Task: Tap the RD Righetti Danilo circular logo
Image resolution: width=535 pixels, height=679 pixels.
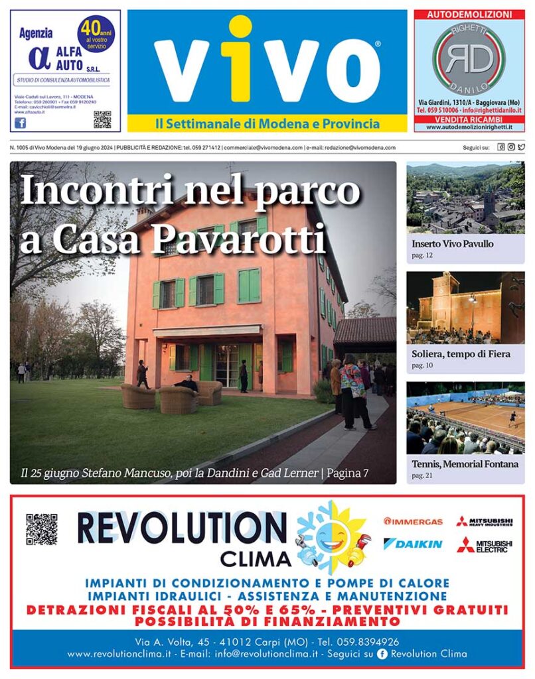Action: [469, 59]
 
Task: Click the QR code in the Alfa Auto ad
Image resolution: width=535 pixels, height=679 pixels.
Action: [102, 119]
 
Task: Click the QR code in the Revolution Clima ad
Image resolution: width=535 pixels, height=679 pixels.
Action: [41, 529]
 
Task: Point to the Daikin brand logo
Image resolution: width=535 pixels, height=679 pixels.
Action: [413, 544]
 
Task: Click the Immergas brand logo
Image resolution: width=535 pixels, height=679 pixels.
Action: [413, 521]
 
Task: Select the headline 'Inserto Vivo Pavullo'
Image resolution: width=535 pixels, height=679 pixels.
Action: [453, 244]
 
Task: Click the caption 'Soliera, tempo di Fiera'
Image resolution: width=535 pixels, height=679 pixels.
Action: [461, 354]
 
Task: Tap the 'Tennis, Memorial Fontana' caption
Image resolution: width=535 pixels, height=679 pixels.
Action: [465, 464]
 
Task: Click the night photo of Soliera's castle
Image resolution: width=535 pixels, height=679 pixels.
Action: [465, 308]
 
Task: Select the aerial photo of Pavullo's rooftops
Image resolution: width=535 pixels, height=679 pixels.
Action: [465, 198]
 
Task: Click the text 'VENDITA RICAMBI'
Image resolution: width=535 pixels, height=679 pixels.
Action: [469, 119]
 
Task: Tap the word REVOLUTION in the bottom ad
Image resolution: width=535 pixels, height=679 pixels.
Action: [182, 528]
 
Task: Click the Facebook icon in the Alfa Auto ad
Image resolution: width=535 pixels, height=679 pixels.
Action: [20, 123]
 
